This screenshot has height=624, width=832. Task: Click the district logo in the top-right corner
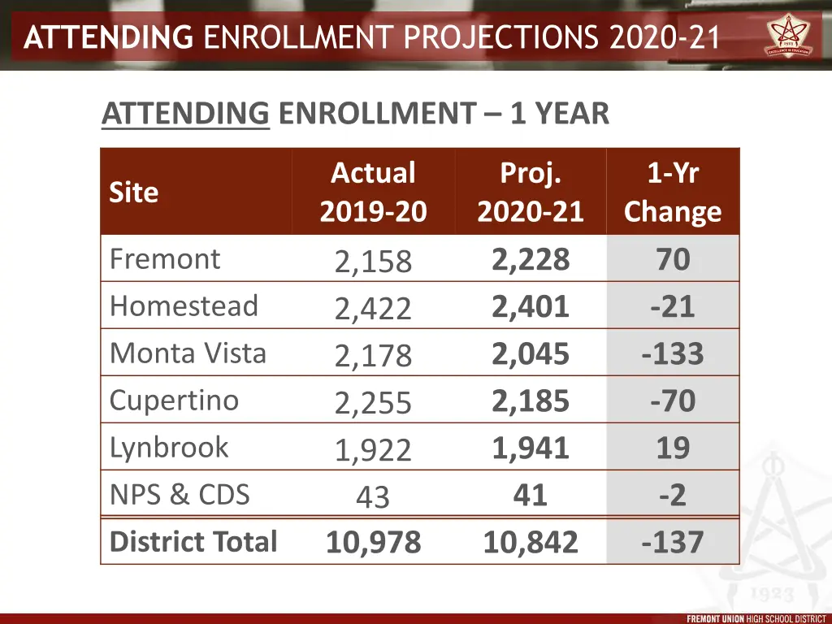click(794, 37)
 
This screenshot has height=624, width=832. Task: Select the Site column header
click(134, 193)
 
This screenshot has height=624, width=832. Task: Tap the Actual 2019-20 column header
click(373, 193)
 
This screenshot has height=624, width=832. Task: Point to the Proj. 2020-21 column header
click(531, 193)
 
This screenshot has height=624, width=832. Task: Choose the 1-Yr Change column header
click(673, 193)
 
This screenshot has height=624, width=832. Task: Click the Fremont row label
click(165, 259)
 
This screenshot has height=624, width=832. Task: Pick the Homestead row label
click(184, 306)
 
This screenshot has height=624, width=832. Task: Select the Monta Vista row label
click(188, 353)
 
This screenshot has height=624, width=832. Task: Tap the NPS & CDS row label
click(180, 494)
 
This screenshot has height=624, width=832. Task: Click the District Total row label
click(193, 542)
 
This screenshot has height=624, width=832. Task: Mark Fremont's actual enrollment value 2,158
click(373, 262)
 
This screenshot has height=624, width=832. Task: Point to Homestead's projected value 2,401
click(531, 306)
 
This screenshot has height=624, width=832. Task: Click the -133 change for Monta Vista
click(673, 354)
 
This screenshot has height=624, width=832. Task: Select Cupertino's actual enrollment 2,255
click(373, 403)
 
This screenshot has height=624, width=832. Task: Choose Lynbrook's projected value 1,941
click(531, 448)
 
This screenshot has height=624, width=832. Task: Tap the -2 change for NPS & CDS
click(673, 495)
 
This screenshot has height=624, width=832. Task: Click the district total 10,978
click(373, 543)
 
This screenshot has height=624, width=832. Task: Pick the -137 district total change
click(673, 543)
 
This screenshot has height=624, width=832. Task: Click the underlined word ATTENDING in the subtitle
click(185, 114)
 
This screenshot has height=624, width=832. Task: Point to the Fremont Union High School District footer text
click(756, 618)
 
